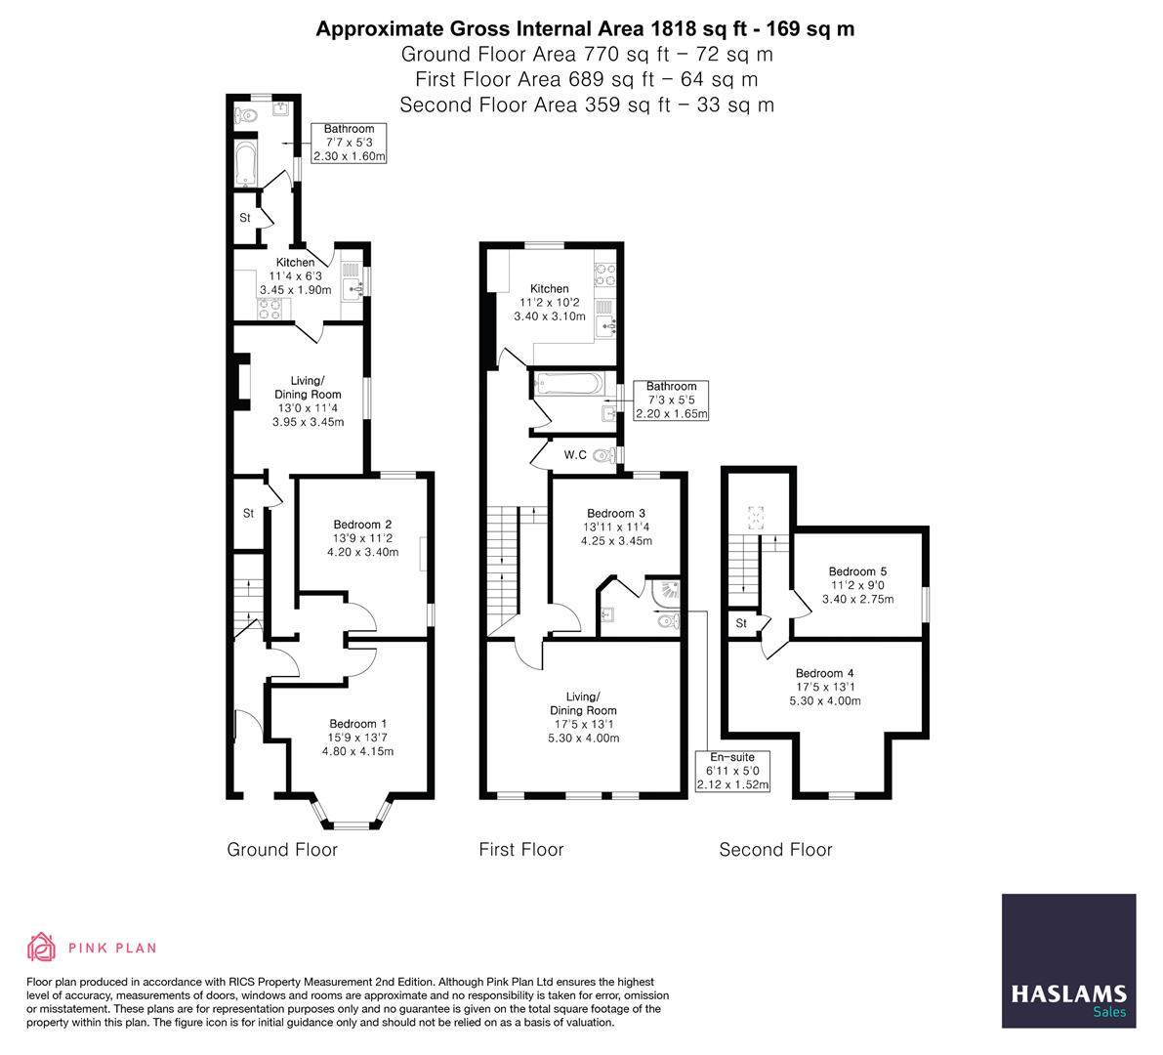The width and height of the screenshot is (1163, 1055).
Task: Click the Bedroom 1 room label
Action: pos(356,724)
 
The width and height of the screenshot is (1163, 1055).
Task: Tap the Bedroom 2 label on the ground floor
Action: pos(361,524)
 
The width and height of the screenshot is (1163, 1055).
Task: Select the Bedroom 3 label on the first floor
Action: pos(615,514)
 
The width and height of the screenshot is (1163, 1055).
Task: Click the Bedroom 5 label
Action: pos(857,571)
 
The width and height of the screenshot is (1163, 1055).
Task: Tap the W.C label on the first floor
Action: pos(575,455)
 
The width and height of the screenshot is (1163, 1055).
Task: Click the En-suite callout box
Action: pos(731,771)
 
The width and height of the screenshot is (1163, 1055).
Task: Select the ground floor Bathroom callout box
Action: pos(349,143)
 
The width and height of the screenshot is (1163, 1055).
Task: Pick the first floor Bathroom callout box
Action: pos(671,401)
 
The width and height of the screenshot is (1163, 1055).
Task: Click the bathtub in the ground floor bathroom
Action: pos(244,164)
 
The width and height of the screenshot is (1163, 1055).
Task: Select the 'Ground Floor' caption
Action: pos(282,850)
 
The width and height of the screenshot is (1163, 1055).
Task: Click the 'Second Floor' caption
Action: pos(775,850)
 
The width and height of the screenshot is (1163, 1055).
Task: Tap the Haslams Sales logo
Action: pos(1068,961)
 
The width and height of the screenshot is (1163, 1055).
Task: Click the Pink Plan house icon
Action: pos(41,948)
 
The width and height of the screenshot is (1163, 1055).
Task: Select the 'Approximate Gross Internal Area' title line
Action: pos(584,28)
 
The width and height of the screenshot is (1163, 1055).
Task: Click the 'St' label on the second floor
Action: pos(741,623)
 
